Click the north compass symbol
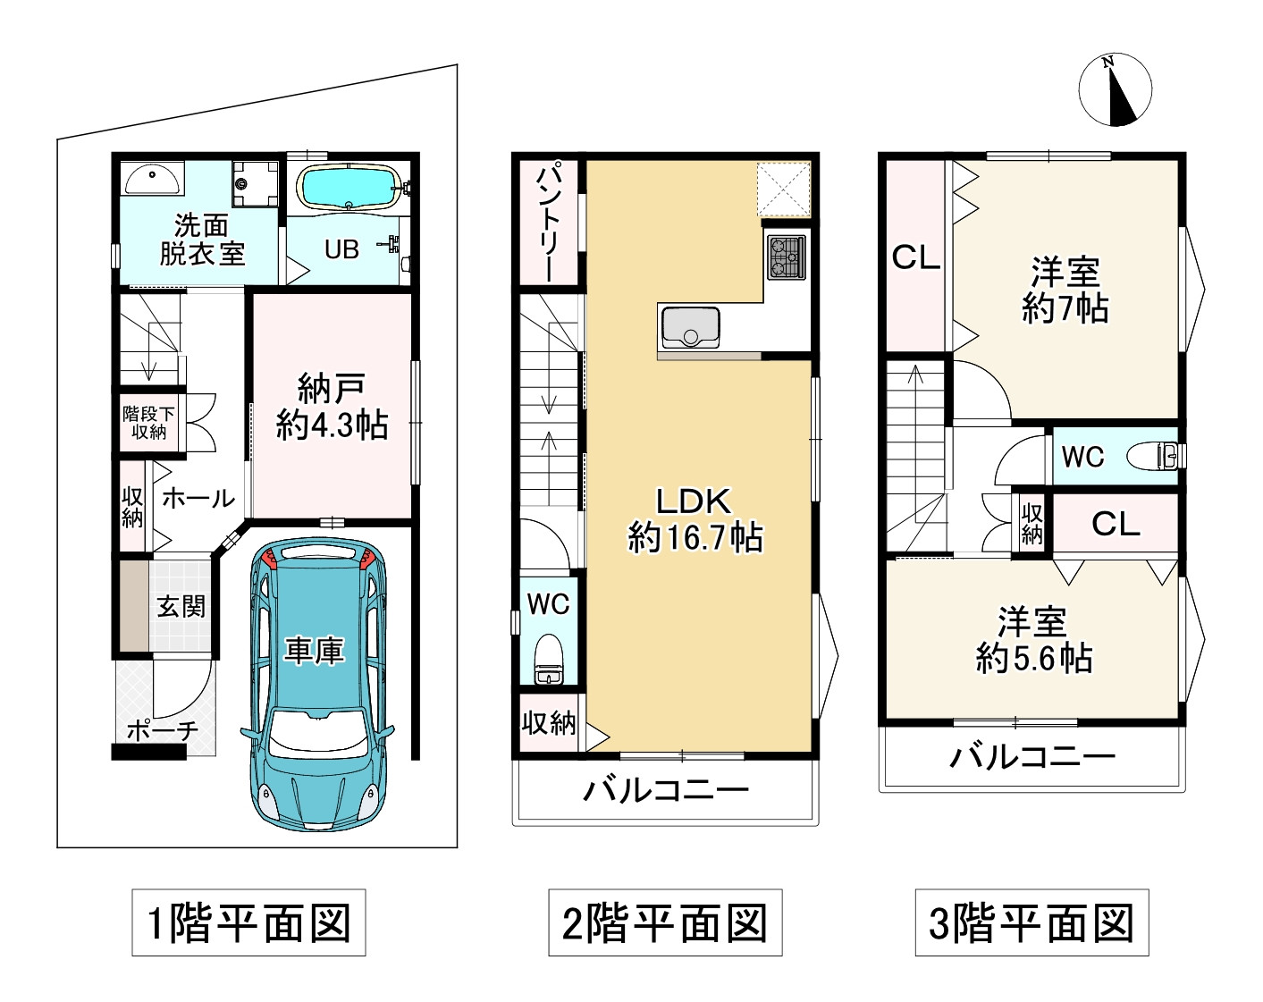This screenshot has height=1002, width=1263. coord(1114,89)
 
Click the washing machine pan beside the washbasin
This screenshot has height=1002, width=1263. coord(255,182)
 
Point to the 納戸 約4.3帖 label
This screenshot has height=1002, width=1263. coord(332,408)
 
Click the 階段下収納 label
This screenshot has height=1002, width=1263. coord(149,422)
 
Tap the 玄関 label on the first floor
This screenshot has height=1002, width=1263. coord(181,607)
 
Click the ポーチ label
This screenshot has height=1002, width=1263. coord(162,730)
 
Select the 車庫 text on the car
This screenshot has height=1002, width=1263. coord(314,651)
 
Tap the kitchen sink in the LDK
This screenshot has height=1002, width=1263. coord(689,327)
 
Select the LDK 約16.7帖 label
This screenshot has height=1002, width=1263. coord(695,519)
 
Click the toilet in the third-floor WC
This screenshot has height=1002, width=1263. coord(1156,456)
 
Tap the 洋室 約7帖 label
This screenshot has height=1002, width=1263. coord(1065,290)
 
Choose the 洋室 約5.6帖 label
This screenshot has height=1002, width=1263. coord(1033,640)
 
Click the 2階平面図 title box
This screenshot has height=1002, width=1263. coord(665,922)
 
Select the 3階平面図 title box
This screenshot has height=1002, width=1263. coord(1031,922)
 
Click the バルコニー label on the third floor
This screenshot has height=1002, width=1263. coord(1032,758)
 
